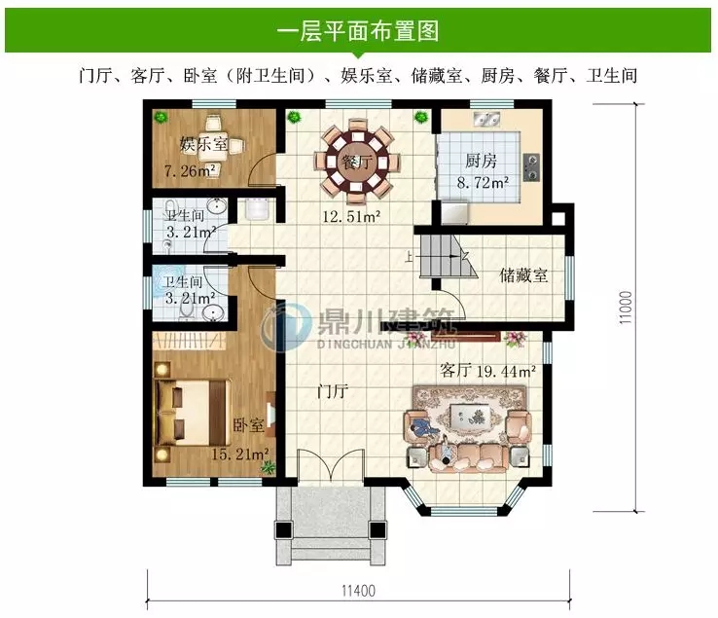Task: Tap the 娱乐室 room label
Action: coord(203,146)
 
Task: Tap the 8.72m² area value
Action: coord(484,181)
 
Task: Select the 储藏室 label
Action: coord(523,274)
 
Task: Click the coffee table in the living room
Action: coord(465,420)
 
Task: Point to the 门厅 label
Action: coord(332,393)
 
